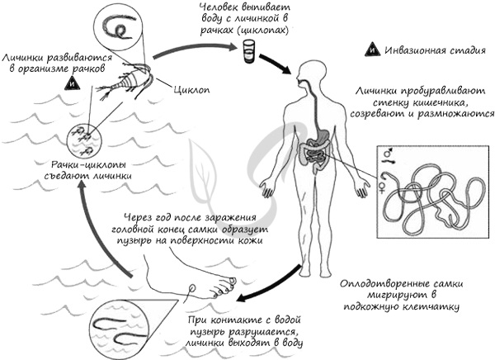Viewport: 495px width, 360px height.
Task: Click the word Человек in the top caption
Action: point(217,7)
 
